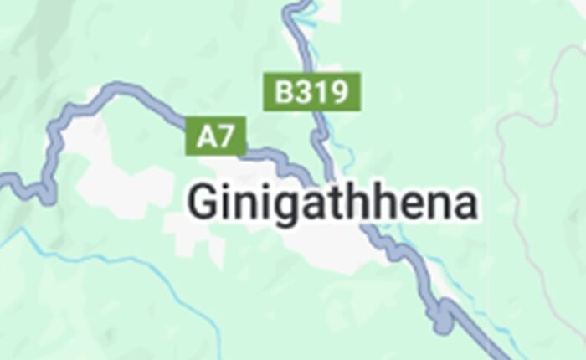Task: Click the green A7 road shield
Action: tap(216, 136)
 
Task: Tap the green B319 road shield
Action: tap(312, 91)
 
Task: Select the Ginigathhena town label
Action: tap(332, 204)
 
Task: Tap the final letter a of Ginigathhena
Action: tap(463, 205)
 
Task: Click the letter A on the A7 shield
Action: tap(206, 136)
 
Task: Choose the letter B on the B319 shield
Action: tap(284, 91)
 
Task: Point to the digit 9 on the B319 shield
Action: tap(337, 91)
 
